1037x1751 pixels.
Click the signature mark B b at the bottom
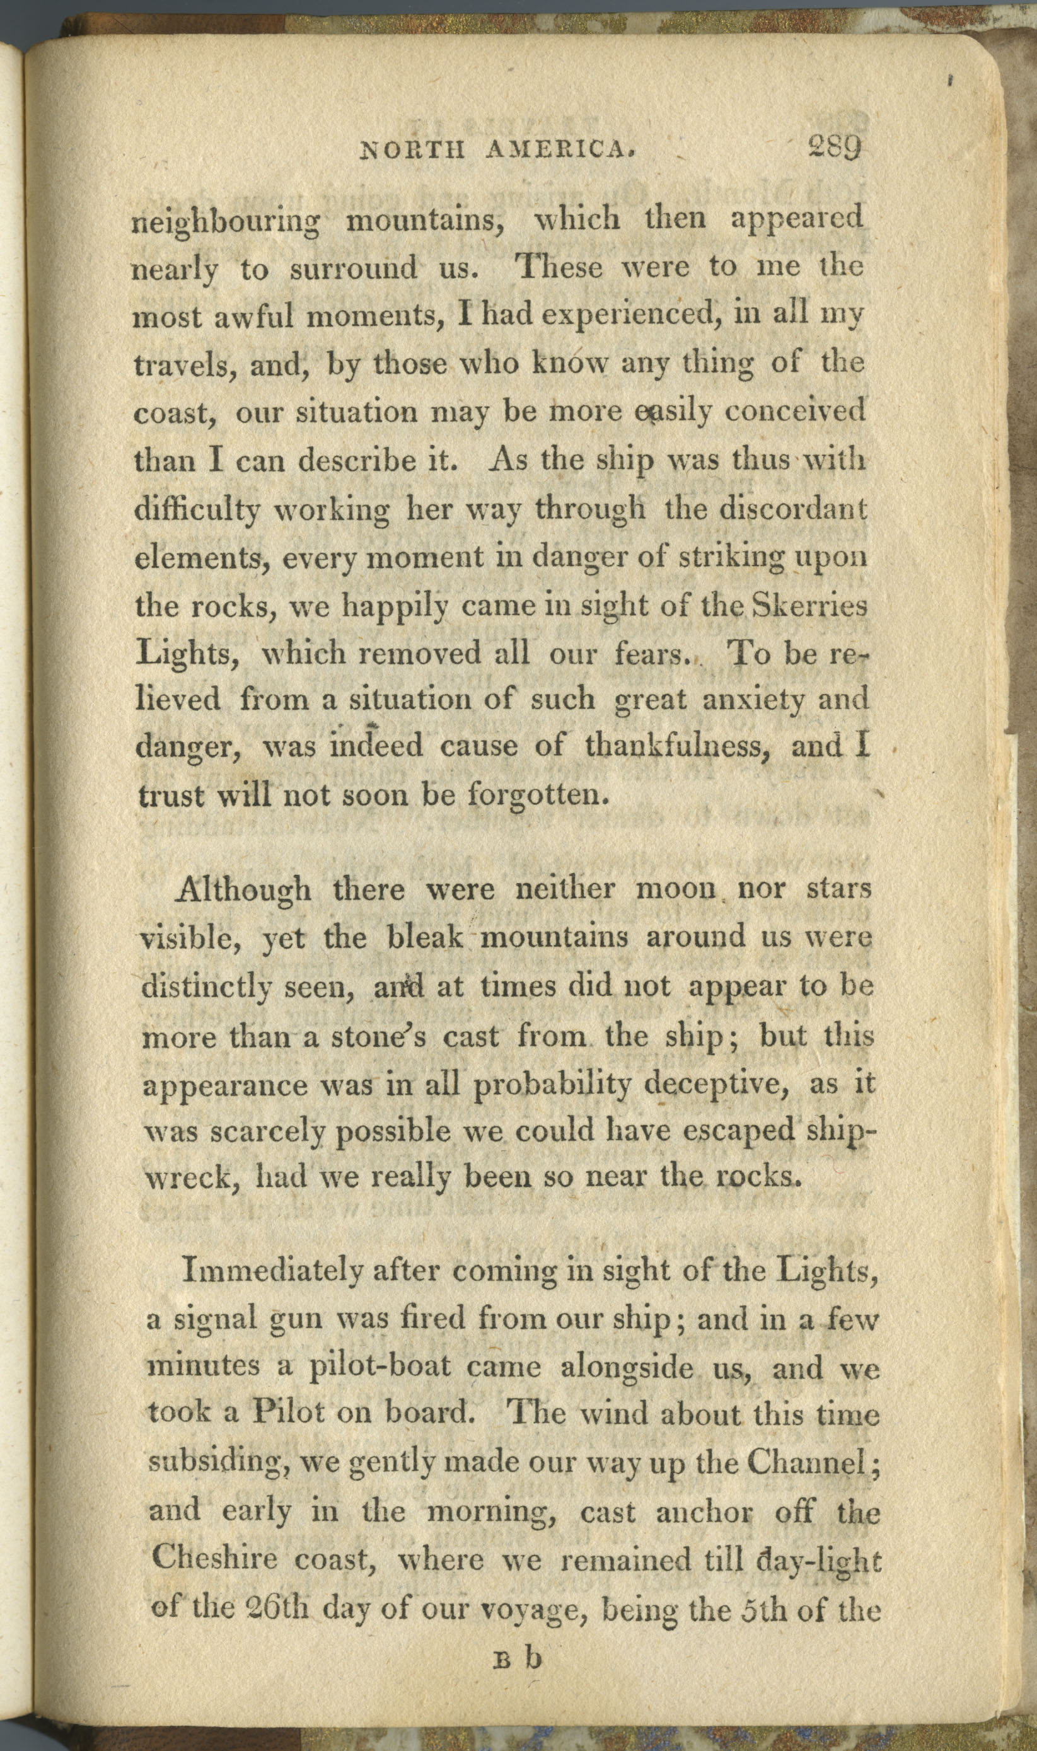pyautogui.click(x=518, y=1656)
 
